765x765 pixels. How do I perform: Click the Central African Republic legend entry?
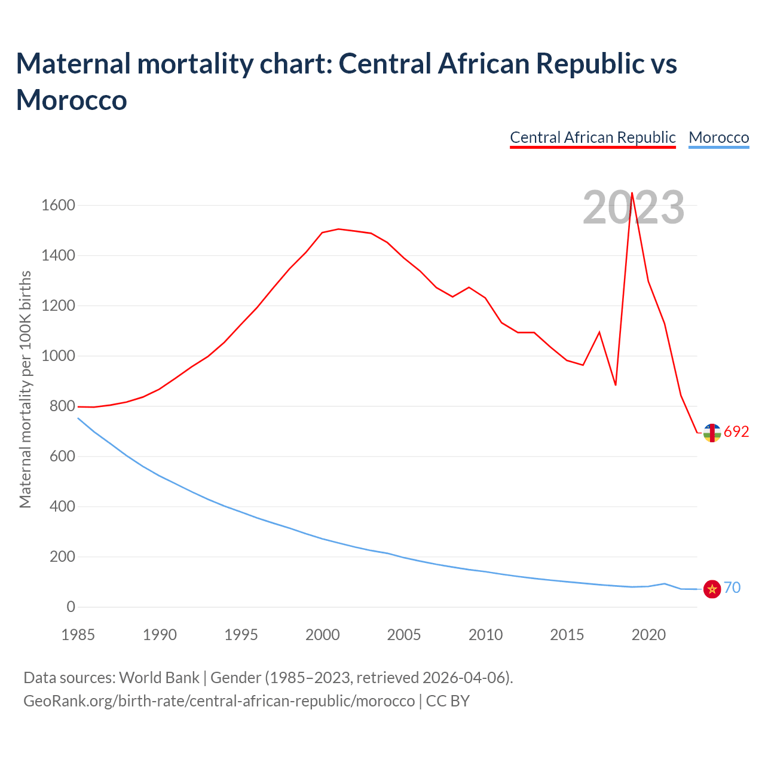(592, 137)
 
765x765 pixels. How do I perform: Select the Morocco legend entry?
(718, 137)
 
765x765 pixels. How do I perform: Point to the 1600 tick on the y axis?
(58, 206)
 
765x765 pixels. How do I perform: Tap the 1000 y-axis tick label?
(58, 356)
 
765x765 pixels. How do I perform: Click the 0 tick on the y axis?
(71, 607)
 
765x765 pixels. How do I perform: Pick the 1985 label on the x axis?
(78, 635)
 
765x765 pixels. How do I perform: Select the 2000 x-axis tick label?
(323, 635)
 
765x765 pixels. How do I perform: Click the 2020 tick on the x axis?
(648, 635)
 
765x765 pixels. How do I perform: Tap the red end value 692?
(736, 432)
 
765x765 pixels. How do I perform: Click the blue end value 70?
(732, 588)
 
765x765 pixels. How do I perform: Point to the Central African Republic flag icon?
(712, 432)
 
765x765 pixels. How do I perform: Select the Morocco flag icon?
(712, 589)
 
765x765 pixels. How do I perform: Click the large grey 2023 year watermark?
(634, 208)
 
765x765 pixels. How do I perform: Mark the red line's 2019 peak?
(632, 193)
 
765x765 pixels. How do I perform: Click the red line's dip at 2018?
(616, 385)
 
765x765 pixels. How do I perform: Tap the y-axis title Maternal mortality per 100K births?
(25, 390)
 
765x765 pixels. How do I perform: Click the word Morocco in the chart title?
(72, 100)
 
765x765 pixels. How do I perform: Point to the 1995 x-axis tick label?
(241, 635)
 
